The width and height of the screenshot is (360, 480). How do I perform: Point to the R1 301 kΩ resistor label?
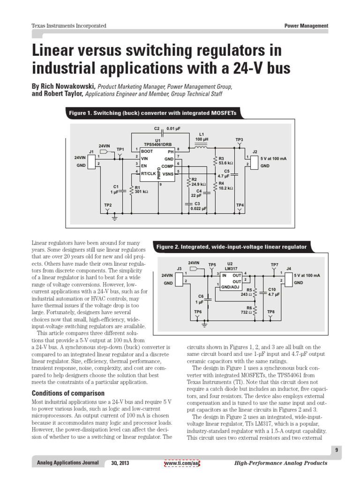click(x=141, y=189)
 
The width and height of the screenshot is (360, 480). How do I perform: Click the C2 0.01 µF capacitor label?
click(x=164, y=128)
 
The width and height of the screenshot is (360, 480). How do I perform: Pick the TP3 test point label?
click(x=239, y=140)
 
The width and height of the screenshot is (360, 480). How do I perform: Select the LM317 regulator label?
click(x=230, y=268)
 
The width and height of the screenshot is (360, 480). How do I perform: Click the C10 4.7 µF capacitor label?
click(x=274, y=292)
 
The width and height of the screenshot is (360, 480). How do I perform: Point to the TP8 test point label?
click(x=271, y=311)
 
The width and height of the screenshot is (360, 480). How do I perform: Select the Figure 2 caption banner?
click(x=232, y=247)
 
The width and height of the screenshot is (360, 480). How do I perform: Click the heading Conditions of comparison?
click(x=68, y=393)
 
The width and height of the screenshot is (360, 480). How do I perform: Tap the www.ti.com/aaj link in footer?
click(x=182, y=463)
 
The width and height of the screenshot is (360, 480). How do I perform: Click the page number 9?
click(x=337, y=450)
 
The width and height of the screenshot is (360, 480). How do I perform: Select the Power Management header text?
click(x=306, y=26)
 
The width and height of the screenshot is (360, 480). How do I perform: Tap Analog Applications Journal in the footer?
click(x=68, y=463)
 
